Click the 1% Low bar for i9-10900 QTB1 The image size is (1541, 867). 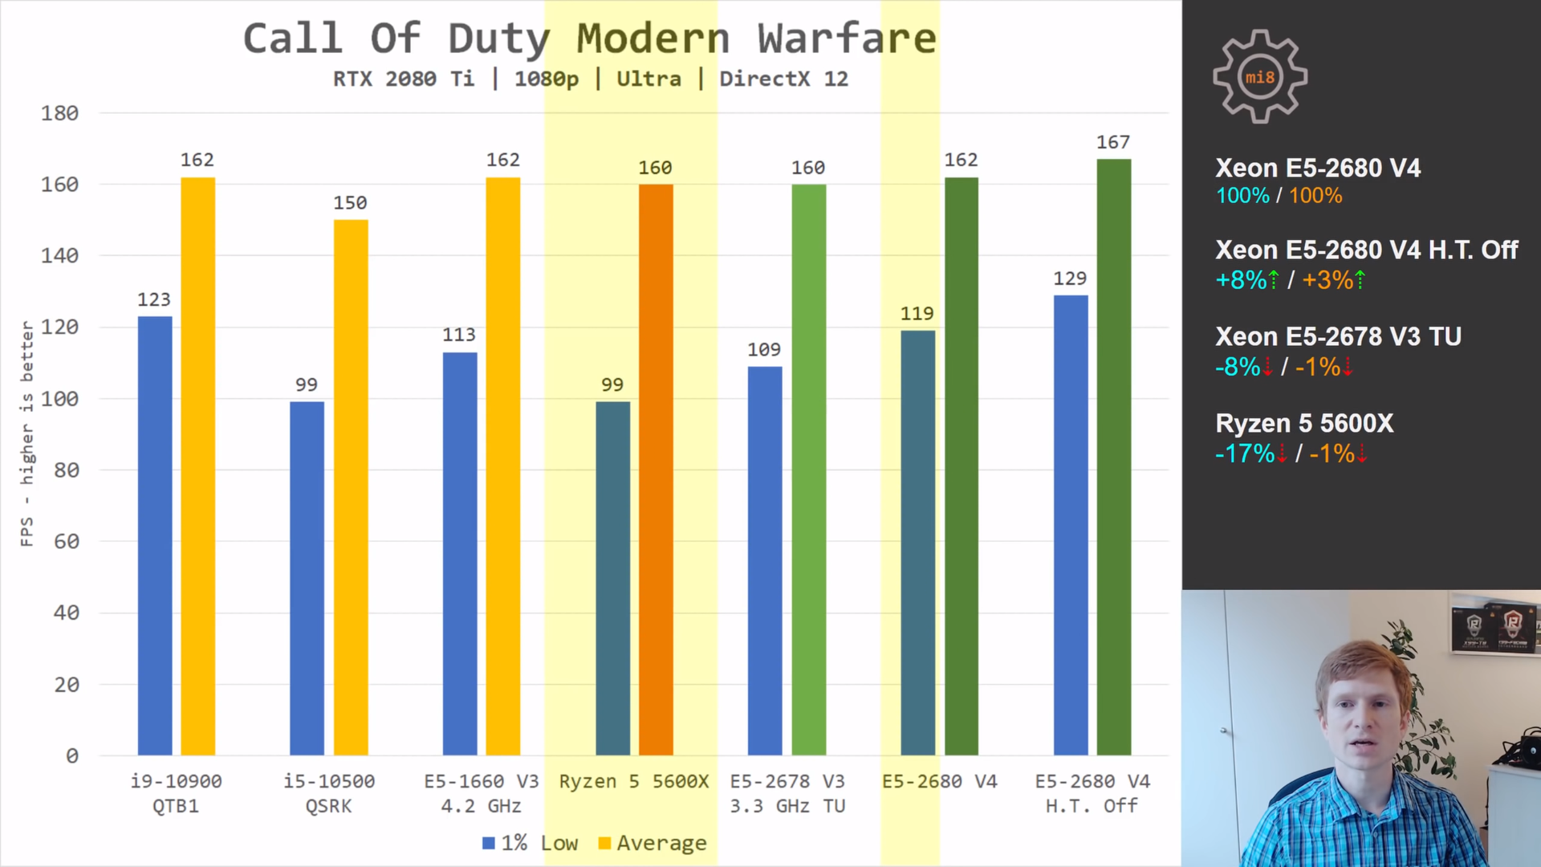155,535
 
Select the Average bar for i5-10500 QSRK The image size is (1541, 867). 351,487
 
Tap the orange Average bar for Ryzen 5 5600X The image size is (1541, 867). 656,470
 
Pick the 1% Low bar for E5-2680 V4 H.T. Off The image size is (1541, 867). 1071,525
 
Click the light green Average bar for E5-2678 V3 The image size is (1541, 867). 808,470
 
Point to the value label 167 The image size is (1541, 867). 1113,142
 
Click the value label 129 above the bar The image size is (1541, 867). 1070,279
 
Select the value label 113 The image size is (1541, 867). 459,335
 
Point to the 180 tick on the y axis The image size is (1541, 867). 60,113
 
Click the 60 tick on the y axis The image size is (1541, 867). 67,542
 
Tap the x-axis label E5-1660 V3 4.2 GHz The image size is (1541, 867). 482,793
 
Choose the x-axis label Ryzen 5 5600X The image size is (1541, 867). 634,781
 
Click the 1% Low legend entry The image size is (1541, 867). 530,843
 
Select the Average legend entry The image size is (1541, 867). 653,843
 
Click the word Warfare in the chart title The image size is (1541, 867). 847,39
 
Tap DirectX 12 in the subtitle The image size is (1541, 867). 783,79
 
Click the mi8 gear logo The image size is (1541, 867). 1260,77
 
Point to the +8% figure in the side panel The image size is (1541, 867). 1241,280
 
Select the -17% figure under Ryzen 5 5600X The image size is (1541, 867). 1245,454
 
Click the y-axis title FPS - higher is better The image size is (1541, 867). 27,433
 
